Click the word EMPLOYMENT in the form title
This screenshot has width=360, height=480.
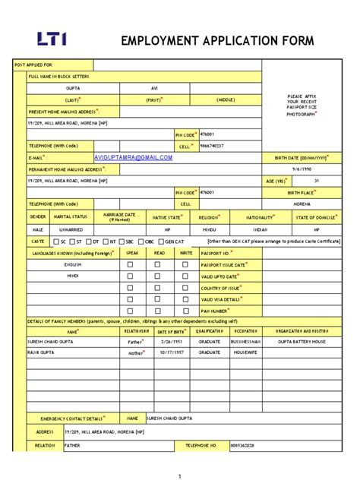pyautogui.click(x=159, y=39)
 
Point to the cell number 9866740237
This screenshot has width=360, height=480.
pyautogui.click(x=212, y=145)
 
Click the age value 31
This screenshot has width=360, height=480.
pyautogui.click(x=317, y=181)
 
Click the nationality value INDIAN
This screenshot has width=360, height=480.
pyautogui.click(x=260, y=229)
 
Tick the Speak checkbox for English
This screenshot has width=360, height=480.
pyautogui.click(x=131, y=264)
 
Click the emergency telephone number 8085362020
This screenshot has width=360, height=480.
pyautogui.click(x=243, y=446)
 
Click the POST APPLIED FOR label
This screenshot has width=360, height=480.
pyautogui.click(x=35, y=65)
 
